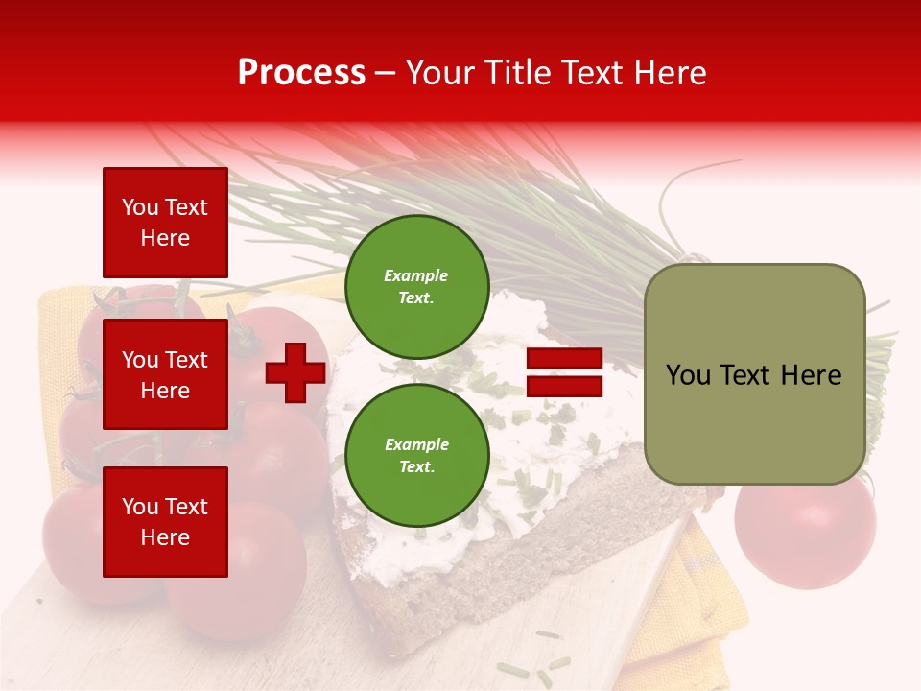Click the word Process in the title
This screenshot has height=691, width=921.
(x=301, y=73)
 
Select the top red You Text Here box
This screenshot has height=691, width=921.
(x=165, y=223)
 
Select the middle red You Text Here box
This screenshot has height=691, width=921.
(x=165, y=374)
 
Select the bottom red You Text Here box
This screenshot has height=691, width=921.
(x=165, y=522)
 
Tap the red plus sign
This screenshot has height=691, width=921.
(x=295, y=372)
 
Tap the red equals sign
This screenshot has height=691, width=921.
(x=564, y=372)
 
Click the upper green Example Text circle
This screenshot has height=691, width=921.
(x=416, y=287)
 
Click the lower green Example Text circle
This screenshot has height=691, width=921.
(x=416, y=456)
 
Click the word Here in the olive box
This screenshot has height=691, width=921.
(x=811, y=375)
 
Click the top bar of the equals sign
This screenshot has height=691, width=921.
(x=564, y=359)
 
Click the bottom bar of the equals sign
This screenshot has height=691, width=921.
(x=564, y=386)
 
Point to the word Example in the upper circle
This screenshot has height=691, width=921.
(x=416, y=275)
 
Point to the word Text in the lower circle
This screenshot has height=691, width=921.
(x=416, y=466)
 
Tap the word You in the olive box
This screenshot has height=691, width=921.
(x=688, y=375)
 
